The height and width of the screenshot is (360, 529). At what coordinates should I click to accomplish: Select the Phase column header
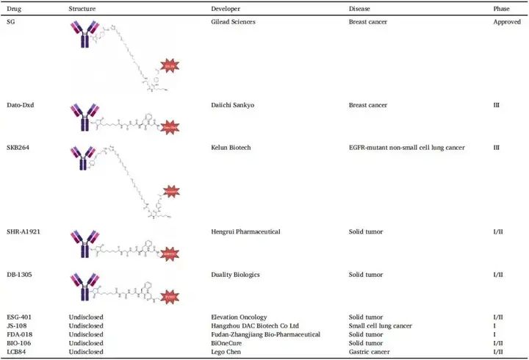(x=503, y=8)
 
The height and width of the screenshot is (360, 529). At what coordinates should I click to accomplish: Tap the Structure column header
(x=82, y=8)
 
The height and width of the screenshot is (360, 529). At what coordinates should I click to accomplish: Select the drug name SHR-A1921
(x=21, y=232)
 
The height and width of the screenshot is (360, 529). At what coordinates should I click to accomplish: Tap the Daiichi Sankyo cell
(x=234, y=105)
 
